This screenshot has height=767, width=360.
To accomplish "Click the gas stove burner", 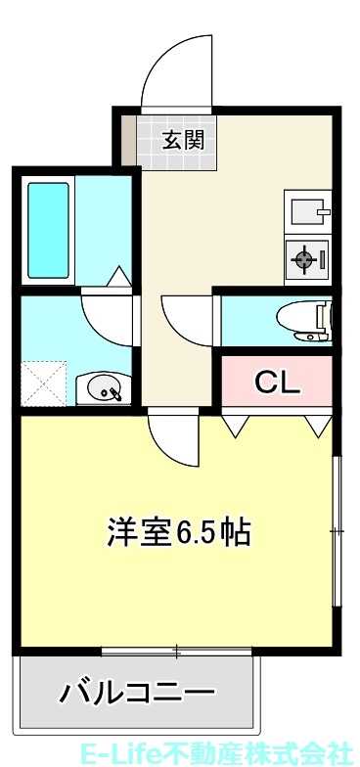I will (x=306, y=259).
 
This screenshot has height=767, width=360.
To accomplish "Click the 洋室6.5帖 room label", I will (x=179, y=532).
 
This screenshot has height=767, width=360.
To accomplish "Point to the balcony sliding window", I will (x=177, y=650).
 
